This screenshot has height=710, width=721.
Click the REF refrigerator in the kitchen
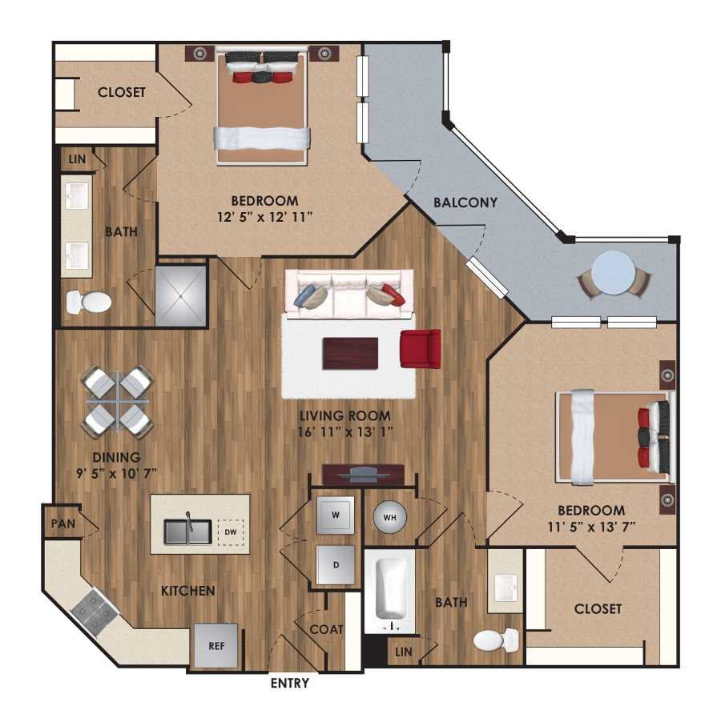[216, 644]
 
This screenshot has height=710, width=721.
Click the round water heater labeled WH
[390, 516]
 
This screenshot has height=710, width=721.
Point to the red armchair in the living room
[421, 349]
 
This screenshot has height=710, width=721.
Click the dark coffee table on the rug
[350, 353]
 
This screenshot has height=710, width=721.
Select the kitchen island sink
[187, 531]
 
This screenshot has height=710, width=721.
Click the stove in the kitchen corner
[95, 611]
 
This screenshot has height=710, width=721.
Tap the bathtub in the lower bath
[393, 589]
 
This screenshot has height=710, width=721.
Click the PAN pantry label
[58, 523]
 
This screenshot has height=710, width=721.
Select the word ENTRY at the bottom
[288, 684]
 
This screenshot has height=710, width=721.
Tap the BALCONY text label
[465, 203]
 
